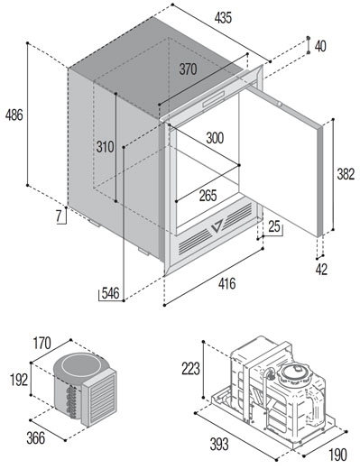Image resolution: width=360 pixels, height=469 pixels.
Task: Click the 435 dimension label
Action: [223, 18]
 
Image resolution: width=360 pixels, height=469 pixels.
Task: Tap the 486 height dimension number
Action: [14, 115]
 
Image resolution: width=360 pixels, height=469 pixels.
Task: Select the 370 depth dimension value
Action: [189, 69]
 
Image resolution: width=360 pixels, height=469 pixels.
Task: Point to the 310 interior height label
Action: [105, 147]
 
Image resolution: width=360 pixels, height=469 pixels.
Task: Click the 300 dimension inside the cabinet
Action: [215, 138]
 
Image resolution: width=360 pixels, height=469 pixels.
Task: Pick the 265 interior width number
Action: [208, 196]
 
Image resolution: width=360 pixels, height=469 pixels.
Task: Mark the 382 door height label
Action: [346, 174]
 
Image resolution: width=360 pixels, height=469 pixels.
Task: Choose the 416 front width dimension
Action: [227, 283]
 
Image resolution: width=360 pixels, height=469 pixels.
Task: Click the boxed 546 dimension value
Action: [110, 293]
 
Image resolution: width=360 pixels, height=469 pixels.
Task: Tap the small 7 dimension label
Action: [59, 216]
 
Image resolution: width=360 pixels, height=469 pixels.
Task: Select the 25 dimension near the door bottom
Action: [274, 226]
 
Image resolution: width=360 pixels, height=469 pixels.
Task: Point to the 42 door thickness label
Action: [321, 269]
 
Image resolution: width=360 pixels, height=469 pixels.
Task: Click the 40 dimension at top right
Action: [320, 46]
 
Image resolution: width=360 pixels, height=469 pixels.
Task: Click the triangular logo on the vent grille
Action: [217, 225]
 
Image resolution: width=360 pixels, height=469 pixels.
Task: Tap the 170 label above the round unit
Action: [42, 344]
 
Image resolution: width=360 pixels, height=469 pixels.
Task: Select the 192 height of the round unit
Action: [19, 380]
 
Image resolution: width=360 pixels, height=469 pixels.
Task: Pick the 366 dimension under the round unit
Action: [35, 438]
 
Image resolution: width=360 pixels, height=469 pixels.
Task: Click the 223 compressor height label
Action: [190, 369]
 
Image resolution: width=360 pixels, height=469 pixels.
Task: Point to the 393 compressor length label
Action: [219, 445]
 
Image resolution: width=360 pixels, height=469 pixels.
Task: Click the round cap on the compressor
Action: [294, 373]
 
